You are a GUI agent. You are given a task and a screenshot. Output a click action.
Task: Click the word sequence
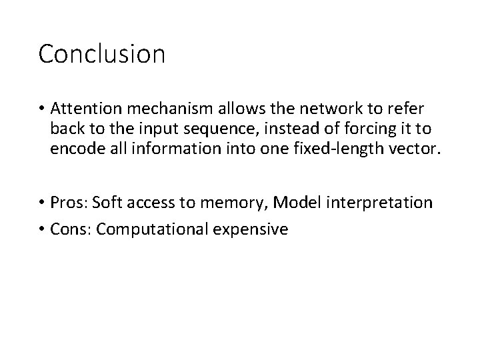pos(237,128)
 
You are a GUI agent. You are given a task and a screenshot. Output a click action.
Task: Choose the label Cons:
pos(71,229)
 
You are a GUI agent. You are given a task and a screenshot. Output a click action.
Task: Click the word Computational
pos(153,229)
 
